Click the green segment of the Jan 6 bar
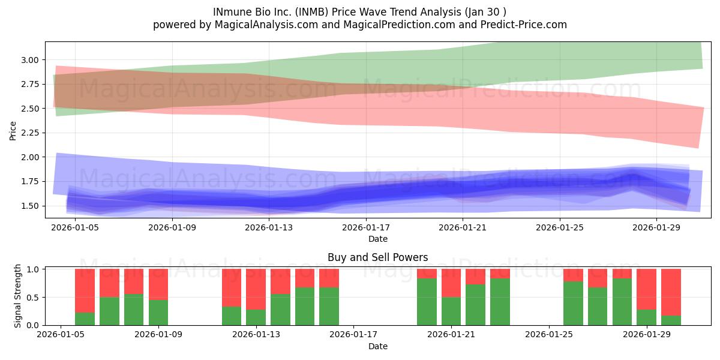[85, 319]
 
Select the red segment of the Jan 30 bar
[671, 292]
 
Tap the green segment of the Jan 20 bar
[427, 302]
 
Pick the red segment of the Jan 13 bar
[256, 289]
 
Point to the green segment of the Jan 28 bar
[622, 302]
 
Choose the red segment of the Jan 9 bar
[158, 284]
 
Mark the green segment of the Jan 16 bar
[329, 307]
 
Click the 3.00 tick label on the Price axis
[30, 60]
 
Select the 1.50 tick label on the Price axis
[30, 206]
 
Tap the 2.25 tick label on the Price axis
[30, 133]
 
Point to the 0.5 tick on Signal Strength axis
[33, 298]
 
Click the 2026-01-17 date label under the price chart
[366, 227]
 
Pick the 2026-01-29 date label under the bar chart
[647, 335]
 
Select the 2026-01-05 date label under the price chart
[75, 227]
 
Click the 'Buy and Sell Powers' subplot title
[377, 257]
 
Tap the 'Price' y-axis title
[13, 131]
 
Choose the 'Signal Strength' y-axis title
[17, 296]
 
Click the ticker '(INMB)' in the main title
[312, 12]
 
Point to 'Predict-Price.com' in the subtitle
[524, 25]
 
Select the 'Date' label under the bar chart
[378, 346]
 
